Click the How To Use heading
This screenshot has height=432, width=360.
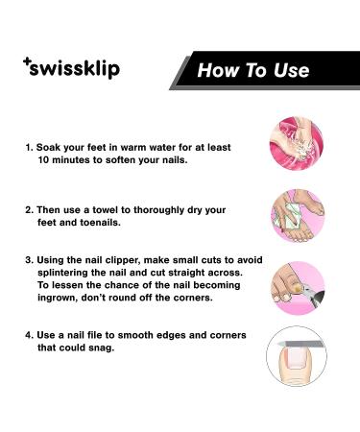(253, 70)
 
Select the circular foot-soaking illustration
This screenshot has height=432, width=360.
(297, 143)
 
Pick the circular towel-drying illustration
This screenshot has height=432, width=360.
(297, 215)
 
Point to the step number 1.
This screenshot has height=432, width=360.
(28, 149)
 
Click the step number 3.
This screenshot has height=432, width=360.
(28, 259)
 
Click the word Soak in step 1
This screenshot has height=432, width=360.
(51, 149)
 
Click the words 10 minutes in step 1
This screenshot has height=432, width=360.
(68, 161)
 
